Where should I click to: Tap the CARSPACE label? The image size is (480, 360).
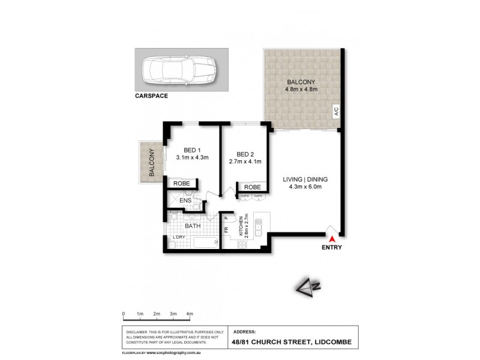tap(151, 95)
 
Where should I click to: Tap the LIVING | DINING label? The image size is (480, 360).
tap(305, 179)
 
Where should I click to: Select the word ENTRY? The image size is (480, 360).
tap(331, 247)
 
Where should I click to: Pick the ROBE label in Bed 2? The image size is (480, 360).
tap(251, 187)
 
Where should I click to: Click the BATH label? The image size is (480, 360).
tap(193, 226)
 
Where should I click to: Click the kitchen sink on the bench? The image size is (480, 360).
tap(259, 227)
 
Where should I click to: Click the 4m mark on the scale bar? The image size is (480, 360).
tap(190, 314)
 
